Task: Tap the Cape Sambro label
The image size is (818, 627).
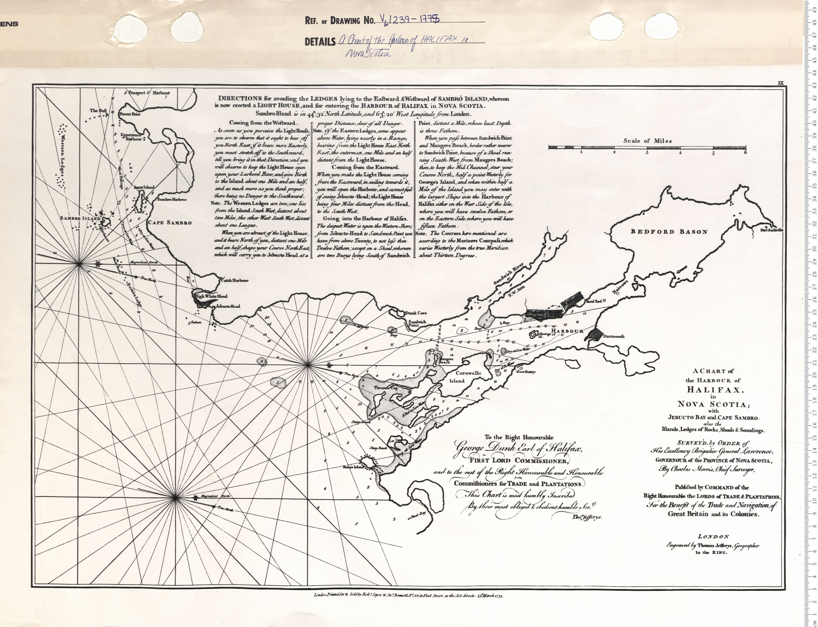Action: click(170, 223)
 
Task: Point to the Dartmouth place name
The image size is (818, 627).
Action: click(614, 336)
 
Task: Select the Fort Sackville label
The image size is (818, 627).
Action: click(772, 230)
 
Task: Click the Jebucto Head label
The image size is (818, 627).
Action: click(228, 307)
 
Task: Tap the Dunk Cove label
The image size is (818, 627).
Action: click(416, 313)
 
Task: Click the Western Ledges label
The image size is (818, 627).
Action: click(61, 157)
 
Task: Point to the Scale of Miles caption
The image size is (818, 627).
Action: click(647, 141)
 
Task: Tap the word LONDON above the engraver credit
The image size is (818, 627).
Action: click(713, 537)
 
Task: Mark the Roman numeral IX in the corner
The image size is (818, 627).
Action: click(781, 83)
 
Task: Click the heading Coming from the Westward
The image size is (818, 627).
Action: click(263, 123)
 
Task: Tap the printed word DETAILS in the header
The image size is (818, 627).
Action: click(320, 42)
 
